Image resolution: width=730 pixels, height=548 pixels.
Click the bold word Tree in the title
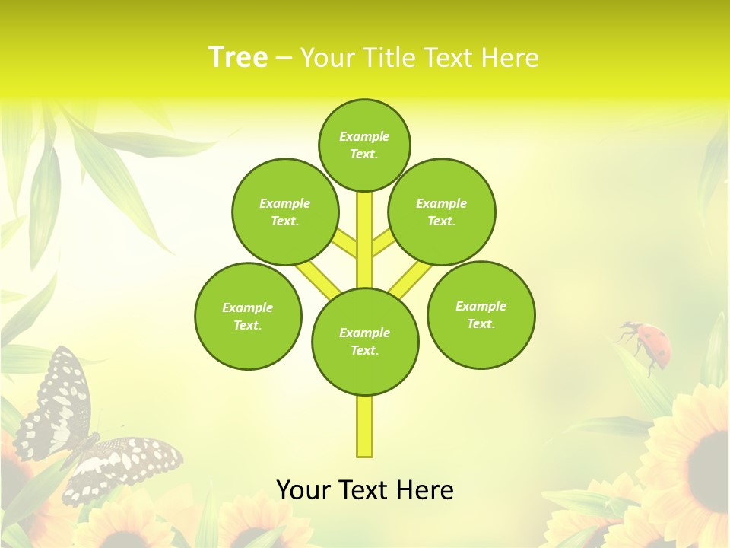tap(238, 57)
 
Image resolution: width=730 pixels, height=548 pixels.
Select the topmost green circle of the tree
tap(364, 145)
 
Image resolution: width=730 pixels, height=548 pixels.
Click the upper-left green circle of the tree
tap(285, 212)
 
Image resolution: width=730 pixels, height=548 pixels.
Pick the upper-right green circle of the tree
tap(442, 212)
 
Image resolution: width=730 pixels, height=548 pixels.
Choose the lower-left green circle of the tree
tap(248, 316)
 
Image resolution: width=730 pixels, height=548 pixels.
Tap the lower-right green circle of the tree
tap(481, 314)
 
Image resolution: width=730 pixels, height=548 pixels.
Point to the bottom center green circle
tap(365, 341)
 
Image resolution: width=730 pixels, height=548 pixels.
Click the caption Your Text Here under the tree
tap(365, 489)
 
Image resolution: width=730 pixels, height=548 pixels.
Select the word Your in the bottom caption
tap(303, 489)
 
